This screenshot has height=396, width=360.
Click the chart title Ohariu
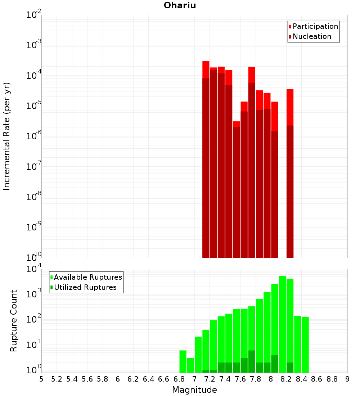(180, 5)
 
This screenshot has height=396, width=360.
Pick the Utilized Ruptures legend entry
(85, 287)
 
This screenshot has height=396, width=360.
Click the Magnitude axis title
(194, 390)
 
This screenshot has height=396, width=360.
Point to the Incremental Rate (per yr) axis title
(7, 136)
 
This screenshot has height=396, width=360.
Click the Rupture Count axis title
(14, 320)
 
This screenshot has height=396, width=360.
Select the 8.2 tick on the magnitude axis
(286, 379)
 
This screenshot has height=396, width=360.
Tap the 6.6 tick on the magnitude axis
(164, 379)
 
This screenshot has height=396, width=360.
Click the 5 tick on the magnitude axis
(41, 379)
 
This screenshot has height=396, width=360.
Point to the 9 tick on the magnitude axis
(347, 379)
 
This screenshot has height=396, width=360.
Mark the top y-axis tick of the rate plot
(33, 15)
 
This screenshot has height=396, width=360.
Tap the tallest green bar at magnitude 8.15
(283, 324)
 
